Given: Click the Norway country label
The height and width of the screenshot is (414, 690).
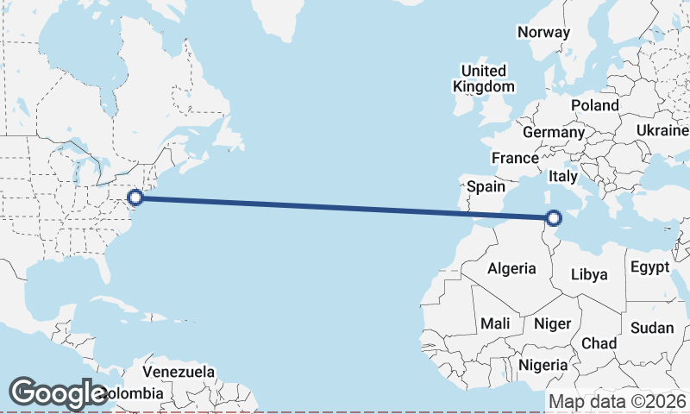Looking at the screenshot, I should pos(543,32).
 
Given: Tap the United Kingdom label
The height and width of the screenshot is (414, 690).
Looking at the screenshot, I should pos(483,78).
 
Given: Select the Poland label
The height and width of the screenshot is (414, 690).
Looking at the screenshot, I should pos(594,105).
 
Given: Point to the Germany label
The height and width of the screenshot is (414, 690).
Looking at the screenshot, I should pos(553,133).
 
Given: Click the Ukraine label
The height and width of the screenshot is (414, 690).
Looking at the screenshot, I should pos(662,130).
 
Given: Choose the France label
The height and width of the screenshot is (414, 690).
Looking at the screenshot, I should pos(515,159).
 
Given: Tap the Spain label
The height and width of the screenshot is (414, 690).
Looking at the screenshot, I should pos(486,186).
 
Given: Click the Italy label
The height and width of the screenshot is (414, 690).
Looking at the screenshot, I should pos(563,176).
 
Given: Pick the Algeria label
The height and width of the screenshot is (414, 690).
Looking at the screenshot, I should pos(511,269).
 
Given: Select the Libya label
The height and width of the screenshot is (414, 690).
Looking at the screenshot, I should pos(590,275).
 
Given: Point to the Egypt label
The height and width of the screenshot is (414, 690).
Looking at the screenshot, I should pos(649,267).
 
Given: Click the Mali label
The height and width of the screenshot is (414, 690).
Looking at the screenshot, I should pos(495,323).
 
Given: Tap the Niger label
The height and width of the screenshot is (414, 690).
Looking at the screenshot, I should pos(553,323).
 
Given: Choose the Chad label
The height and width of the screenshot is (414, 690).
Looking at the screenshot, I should pos(599,343).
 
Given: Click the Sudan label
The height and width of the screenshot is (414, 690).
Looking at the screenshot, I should pos(652,328).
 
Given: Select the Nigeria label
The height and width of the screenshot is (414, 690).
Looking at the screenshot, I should pos(543,365).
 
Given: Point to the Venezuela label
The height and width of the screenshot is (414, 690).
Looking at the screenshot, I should pos(179,372).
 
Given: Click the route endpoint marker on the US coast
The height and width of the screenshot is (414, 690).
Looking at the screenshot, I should pos(135,198).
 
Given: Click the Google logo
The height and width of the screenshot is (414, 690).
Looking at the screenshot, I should pos(59,393).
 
